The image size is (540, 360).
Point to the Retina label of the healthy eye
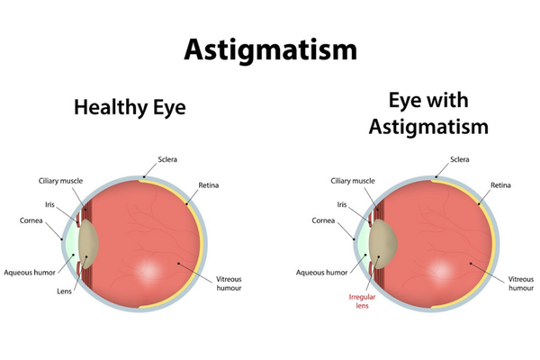[209, 186]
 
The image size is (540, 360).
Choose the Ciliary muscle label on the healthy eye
[60, 180]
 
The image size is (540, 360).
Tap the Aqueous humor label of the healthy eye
[33, 271]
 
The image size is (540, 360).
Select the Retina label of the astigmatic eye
[501, 186]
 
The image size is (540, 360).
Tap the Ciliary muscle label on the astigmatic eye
[352, 180]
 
